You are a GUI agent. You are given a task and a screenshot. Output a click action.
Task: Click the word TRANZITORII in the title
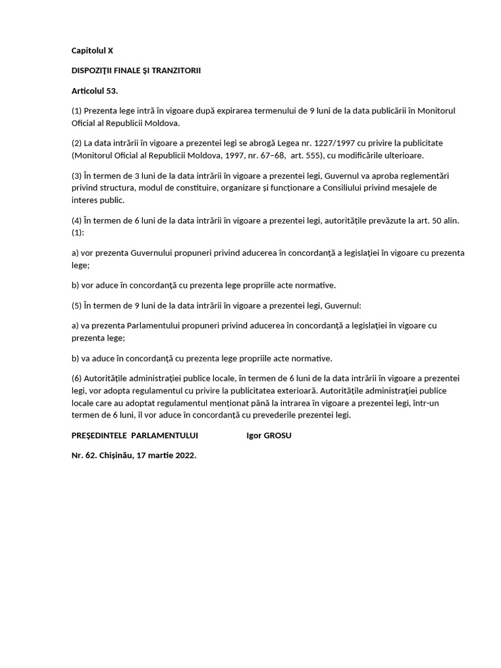click(175, 70)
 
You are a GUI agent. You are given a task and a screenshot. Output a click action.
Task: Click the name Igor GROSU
click(269, 435)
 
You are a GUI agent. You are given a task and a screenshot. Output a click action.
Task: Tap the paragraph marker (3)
click(77, 175)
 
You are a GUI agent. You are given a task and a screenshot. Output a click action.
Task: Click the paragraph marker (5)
click(77, 305)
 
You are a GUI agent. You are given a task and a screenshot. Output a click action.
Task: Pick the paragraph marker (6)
click(77, 378)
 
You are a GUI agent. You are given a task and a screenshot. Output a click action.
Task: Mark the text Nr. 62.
click(83, 455)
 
